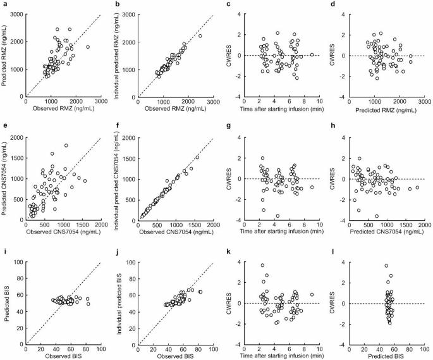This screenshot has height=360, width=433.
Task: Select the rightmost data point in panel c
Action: coord(312,55)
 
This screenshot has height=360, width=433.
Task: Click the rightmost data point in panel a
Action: coord(88,47)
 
